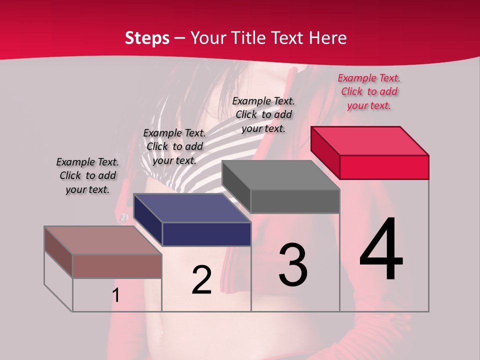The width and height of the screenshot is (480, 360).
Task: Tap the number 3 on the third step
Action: [293, 264]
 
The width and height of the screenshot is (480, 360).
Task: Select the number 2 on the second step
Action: [201, 280]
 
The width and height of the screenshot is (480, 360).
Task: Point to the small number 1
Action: [116, 295]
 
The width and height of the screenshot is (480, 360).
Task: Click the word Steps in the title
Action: [147, 38]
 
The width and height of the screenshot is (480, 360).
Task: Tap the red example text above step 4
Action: [369, 92]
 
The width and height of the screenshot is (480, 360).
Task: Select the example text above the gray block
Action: [263, 114]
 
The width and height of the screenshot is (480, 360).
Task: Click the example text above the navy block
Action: [174, 146]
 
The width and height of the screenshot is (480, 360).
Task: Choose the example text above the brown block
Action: [87, 175]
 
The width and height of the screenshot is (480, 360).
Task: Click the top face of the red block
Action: [370, 140]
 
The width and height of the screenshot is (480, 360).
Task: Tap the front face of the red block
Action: [384, 167]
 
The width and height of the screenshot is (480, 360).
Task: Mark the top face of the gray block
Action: [281, 175]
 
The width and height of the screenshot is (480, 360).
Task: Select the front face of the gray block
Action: [295, 201]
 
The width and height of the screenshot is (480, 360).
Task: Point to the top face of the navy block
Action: [192, 208]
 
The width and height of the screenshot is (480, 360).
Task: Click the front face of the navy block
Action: [206, 234]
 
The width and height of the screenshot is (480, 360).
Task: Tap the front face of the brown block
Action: [117, 266]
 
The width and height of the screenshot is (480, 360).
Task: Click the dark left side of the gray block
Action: [236, 186]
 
